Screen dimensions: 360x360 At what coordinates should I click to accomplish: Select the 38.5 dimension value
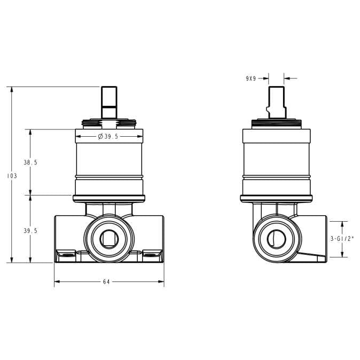click(31, 162)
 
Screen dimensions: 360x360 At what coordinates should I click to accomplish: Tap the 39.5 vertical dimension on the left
click(31, 231)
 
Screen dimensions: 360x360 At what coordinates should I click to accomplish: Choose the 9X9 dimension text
click(251, 79)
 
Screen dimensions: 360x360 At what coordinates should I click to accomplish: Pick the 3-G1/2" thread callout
click(342, 239)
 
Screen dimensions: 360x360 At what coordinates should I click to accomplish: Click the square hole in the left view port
click(109, 239)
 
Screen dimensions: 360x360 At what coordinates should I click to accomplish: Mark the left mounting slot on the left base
click(67, 252)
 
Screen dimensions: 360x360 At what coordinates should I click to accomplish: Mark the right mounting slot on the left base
click(151, 252)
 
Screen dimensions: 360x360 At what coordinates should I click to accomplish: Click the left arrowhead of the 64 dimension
click(57, 282)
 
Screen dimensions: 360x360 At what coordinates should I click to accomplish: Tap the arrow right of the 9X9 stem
click(288, 79)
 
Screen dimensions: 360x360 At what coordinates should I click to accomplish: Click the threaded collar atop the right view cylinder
click(276, 126)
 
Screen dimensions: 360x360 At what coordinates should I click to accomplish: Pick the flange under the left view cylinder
click(109, 198)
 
